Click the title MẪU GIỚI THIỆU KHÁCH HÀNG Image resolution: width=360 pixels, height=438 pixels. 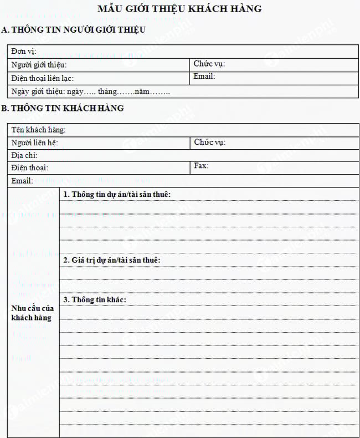point(179,9)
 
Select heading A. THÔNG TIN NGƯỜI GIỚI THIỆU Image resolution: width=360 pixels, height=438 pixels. point(74,30)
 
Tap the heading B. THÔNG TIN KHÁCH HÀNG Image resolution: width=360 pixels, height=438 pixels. point(63,108)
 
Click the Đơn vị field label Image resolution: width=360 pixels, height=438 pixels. point(23,52)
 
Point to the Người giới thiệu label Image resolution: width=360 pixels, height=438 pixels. point(38,65)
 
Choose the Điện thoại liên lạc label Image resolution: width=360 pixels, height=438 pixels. point(42,78)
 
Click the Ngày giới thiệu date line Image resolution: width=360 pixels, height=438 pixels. point(90,91)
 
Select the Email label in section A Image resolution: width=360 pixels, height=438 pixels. point(204,77)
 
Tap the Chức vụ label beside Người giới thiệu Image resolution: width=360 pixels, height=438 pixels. point(209,64)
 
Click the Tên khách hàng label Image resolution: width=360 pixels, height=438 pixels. point(38,130)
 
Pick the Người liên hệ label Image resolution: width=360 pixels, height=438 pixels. point(34,143)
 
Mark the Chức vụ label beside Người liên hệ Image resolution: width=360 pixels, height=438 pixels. point(210,142)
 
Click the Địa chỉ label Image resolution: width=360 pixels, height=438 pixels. point(24,155)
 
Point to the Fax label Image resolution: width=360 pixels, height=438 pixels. point(201,166)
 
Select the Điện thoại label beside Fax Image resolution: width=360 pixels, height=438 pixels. point(29,167)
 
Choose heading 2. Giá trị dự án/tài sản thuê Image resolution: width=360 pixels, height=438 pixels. point(112,259)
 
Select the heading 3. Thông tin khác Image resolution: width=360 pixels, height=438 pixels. point(95,299)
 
